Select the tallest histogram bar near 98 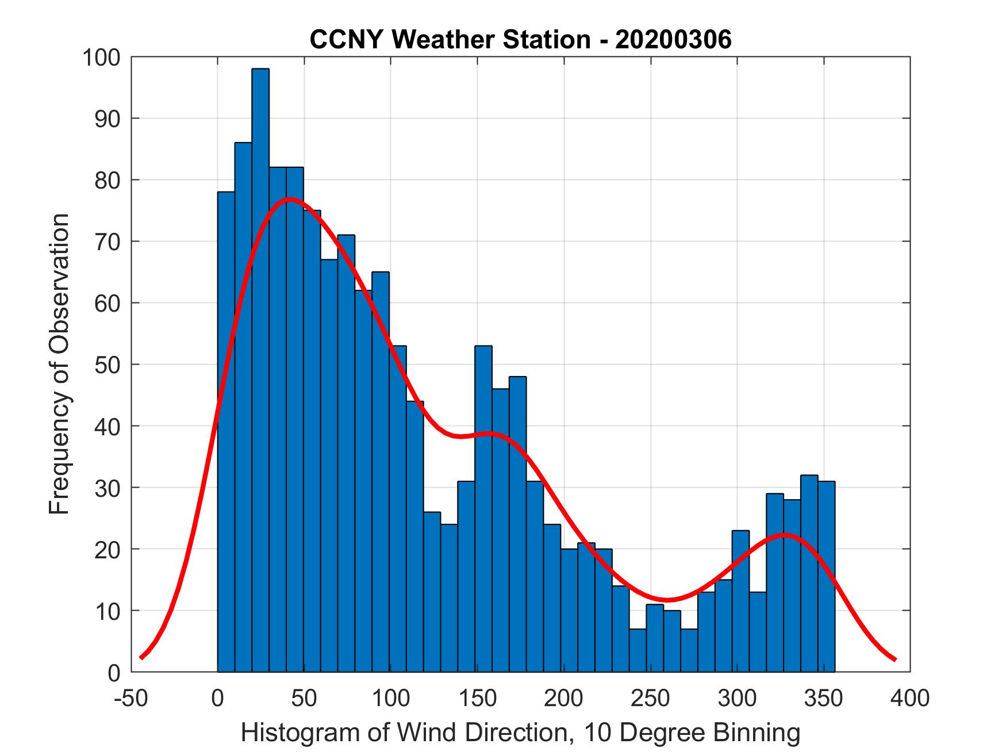260,368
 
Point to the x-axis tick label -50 132,698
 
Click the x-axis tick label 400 910,698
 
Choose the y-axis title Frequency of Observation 60,365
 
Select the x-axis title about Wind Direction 520,733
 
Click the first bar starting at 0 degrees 226,431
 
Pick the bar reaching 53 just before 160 483,509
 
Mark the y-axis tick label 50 107,365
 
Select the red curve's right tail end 894,659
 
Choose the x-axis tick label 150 477,698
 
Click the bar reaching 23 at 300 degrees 740,601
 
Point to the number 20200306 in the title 673,40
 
